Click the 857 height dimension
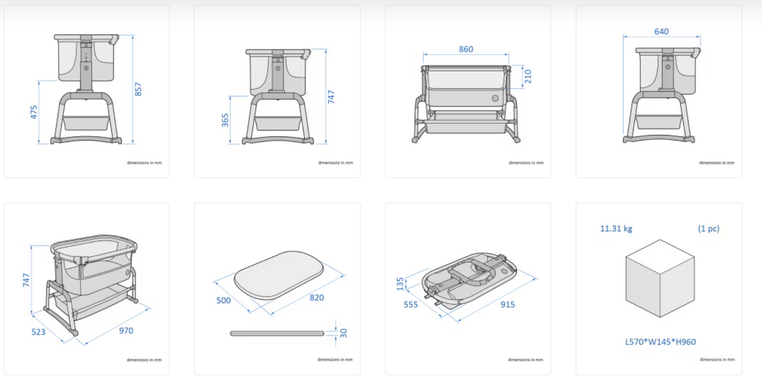pyautogui.click(x=139, y=90)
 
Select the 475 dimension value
pyautogui.click(x=34, y=112)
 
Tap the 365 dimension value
pyautogui.click(x=225, y=119)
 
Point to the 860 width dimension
pyautogui.click(x=466, y=49)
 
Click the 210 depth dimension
pyautogui.click(x=527, y=77)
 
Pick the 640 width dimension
pyautogui.click(x=661, y=31)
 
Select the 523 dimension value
pyautogui.click(x=38, y=331)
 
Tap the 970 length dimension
pyautogui.click(x=126, y=330)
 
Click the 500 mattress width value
pyautogui.click(x=223, y=300)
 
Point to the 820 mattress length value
pyautogui.click(x=317, y=298)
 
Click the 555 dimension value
pyautogui.click(x=411, y=304)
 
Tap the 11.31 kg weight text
pyautogui.click(x=616, y=229)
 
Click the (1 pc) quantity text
pyautogui.click(x=709, y=229)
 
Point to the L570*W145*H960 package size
pyautogui.click(x=660, y=342)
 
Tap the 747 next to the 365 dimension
pyautogui.click(x=331, y=97)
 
